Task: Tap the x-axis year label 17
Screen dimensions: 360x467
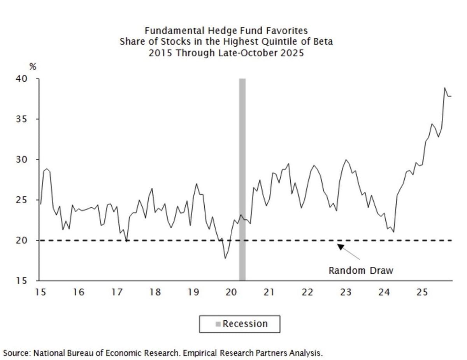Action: [117, 292]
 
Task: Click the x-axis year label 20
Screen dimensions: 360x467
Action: [231, 292]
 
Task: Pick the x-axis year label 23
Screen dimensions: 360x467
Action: [346, 292]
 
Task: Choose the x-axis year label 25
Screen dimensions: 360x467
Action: [422, 292]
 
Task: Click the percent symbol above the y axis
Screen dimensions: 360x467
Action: [33, 67]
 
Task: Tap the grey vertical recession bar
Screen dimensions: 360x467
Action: [242, 179]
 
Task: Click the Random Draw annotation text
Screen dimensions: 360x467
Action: [361, 271]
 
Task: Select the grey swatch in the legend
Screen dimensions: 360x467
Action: [219, 324]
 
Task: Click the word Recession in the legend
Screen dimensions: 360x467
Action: [245, 324]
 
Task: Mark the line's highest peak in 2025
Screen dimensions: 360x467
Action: [444, 88]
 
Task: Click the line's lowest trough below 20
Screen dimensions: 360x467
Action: [225, 258]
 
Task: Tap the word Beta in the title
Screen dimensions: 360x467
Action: [323, 42]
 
